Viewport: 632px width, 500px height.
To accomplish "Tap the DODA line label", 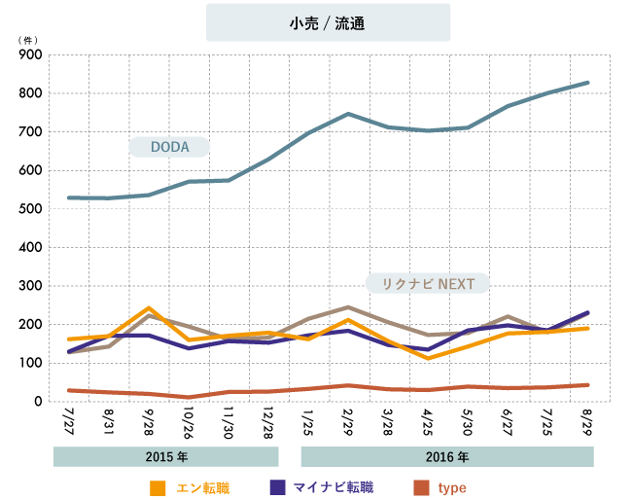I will [169, 147].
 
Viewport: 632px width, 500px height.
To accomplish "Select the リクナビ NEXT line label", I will [427, 283].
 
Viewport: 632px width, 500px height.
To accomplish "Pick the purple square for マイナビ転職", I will [277, 486].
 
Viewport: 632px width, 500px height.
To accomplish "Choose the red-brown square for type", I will [420, 486].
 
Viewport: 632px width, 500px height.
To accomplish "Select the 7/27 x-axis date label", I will [69, 423].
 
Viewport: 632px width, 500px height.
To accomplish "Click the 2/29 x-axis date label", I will [347, 423].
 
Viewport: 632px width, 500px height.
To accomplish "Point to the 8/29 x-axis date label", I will [586, 423].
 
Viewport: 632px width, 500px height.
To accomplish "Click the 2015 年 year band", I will [166, 456].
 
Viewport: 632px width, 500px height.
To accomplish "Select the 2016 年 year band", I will [447, 456].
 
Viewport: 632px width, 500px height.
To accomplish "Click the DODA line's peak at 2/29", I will [348, 114].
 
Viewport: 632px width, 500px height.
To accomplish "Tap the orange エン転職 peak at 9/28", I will [148, 308].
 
